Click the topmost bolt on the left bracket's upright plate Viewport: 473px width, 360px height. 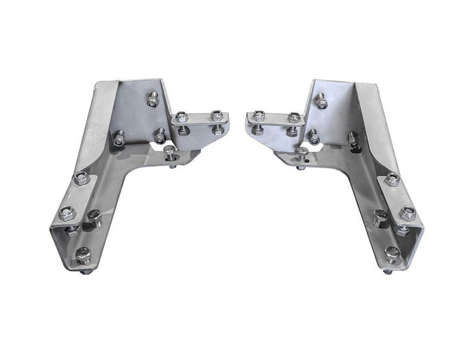click(x=153, y=99)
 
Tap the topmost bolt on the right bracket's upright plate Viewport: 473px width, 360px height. click(x=321, y=100)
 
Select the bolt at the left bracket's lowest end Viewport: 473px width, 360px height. click(x=83, y=255)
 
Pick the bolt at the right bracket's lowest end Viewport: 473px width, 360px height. click(x=391, y=254)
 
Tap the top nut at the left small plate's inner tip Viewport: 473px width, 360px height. click(x=217, y=116)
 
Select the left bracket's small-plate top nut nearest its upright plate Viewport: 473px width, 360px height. click(x=182, y=118)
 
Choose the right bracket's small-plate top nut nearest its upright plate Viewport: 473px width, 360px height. click(x=293, y=118)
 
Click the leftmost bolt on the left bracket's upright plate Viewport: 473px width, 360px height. click(x=119, y=138)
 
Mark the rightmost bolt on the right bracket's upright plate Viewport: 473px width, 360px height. click(x=354, y=139)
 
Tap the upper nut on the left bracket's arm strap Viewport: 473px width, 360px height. click(x=81, y=178)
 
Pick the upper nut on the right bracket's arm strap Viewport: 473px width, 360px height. click(x=393, y=179)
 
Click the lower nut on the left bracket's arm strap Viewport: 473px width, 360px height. click(x=66, y=213)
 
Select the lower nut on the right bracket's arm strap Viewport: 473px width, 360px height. click(x=407, y=213)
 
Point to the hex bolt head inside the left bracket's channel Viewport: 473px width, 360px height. click(x=94, y=219)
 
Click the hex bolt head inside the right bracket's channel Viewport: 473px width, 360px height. click(x=380, y=219)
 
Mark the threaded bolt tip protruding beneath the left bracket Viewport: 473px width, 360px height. click(x=86, y=272)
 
